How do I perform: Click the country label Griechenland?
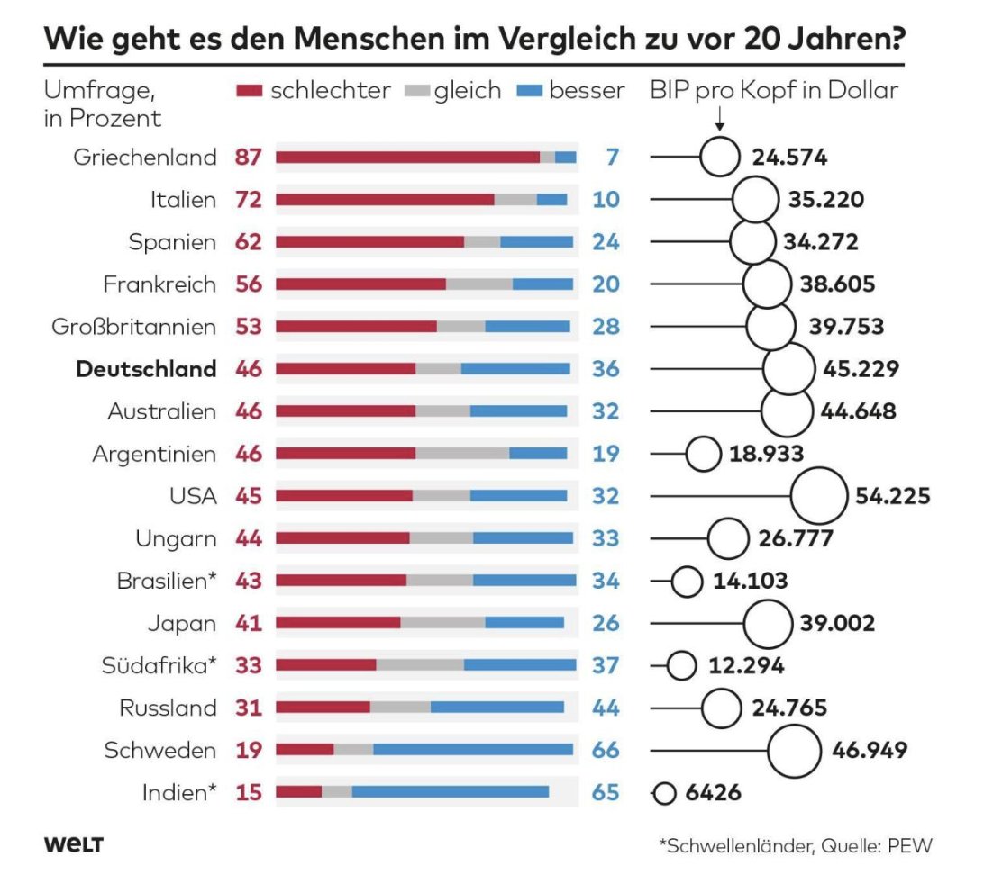point(145,158)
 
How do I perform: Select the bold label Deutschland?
point(146,369)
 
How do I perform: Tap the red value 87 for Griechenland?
point(248,158)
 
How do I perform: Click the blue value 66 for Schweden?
point(606,750)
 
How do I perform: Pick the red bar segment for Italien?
point(385,200)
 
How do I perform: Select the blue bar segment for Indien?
point(450,792)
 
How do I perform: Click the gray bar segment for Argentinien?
point(462,454)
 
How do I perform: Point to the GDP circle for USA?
point(818,496)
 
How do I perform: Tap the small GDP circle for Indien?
point(665,793)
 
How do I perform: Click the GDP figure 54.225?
point(892,496)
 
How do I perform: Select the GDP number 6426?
point(713,793)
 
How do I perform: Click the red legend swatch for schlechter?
point(249,91)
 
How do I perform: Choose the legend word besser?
point(587,91)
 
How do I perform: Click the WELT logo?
point(74,844)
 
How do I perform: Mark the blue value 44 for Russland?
point(606,708)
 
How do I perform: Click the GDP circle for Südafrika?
point(681,665)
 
